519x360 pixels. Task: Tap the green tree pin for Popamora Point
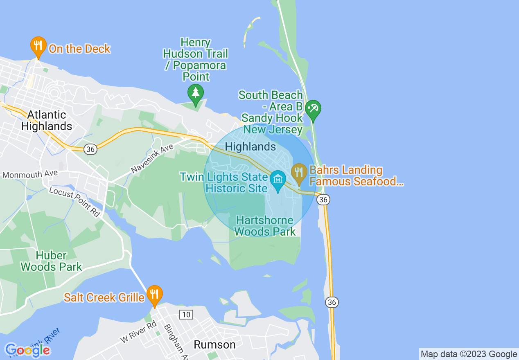pos(196,94)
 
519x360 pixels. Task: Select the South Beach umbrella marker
pos(313,110)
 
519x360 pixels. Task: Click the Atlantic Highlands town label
pos(47,120)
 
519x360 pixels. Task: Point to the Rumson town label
pos(214,344)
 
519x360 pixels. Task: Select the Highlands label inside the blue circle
pos(250,146)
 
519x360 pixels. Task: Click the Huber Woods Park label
pos(52,261)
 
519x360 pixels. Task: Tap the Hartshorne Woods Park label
pos(265,226)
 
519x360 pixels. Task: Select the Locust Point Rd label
pos(75,201)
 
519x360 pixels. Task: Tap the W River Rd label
pos(138,332)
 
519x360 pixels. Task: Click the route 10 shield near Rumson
pos(186,314)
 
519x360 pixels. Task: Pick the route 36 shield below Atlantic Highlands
pos(90,149)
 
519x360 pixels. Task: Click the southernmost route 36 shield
pos(332,302)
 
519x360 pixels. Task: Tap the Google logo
pos(27,350)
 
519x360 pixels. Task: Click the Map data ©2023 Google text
pos(469,354)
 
